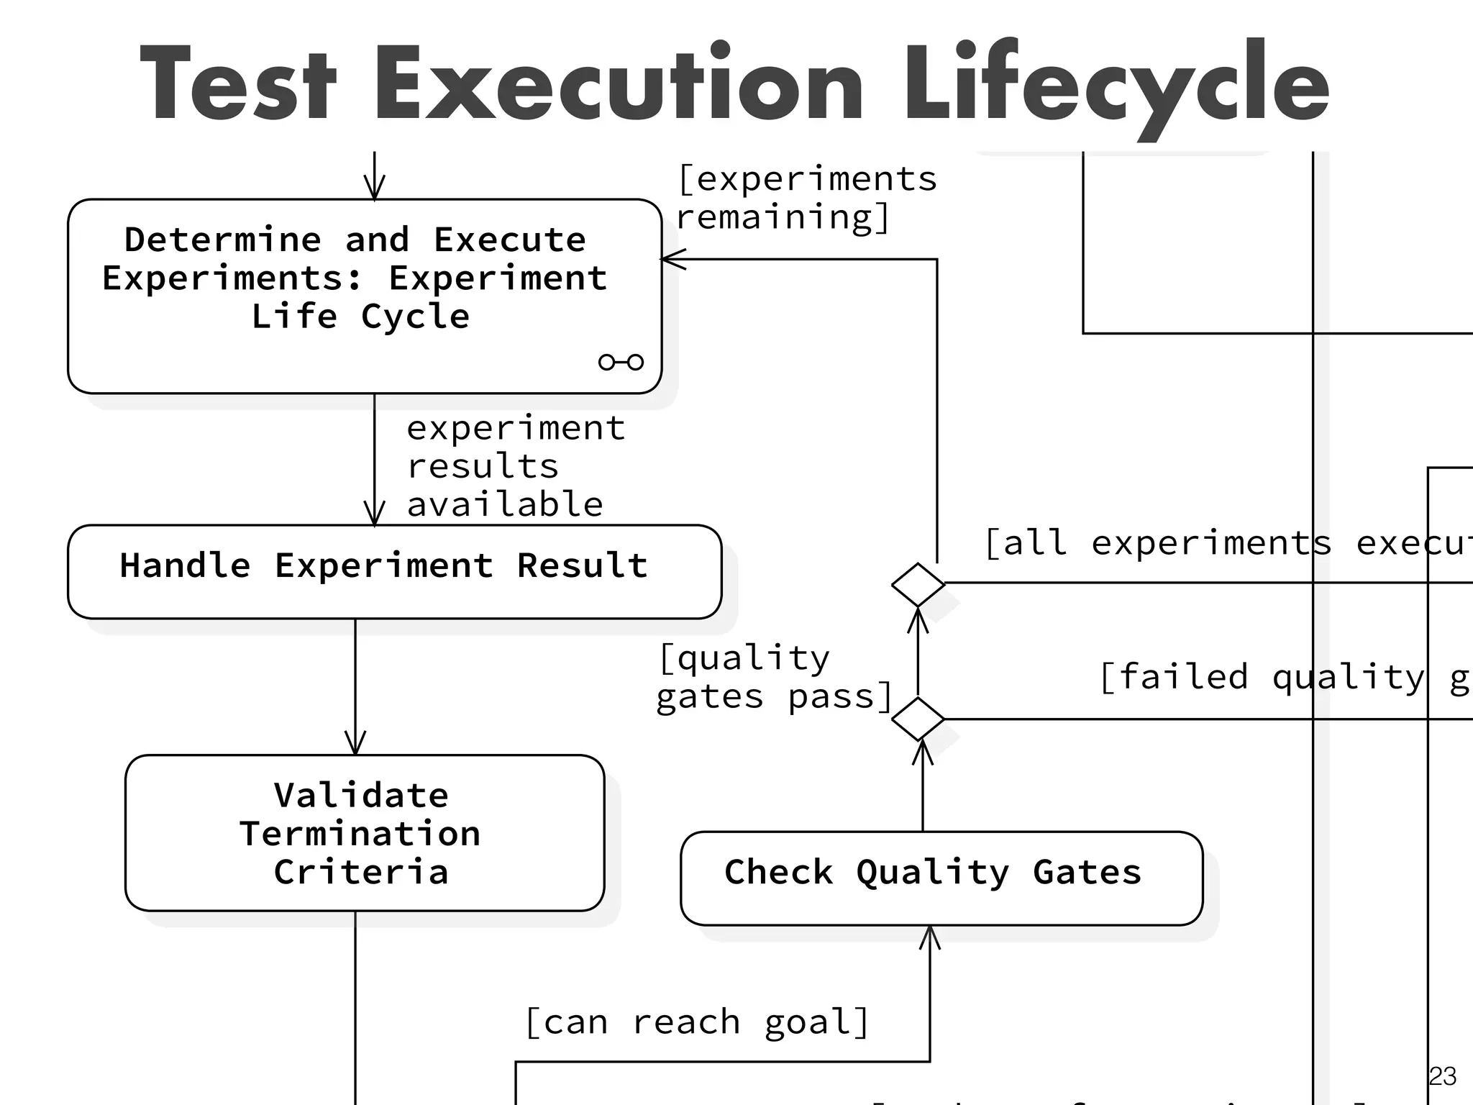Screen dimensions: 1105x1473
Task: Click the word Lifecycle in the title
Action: click(x=1116, y=85)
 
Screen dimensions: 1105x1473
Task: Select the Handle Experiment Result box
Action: click(x=394, y=571)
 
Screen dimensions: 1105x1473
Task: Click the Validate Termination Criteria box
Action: click(x=364, y=833)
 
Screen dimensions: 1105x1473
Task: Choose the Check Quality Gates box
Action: click(x=941, y=878)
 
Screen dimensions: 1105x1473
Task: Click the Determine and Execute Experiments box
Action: click(x=364, y=296)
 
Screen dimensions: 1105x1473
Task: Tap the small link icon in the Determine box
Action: click(x=621, y=362)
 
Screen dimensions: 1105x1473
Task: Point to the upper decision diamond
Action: click(x=918, y=584)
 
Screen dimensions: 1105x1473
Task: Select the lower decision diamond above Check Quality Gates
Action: click(x=918, y=719)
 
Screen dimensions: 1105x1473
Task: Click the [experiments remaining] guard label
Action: click(x=806, y=198)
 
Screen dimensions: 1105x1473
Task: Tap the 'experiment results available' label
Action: click(x=514, y=466)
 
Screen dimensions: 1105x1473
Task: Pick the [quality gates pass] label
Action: click(x=774, y=678)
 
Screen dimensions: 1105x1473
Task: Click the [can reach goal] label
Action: click(x=696, y=1022)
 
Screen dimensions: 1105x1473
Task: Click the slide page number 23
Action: click(x=1442, y=1076)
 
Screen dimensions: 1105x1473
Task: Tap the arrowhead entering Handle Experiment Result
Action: click(x=374, y=515)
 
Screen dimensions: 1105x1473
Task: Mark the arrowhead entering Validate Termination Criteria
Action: click(x=355, y=744)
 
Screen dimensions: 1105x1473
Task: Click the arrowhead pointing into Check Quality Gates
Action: click(x=930, y=936)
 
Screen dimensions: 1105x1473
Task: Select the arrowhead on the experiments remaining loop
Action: click(x=672, y=259)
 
